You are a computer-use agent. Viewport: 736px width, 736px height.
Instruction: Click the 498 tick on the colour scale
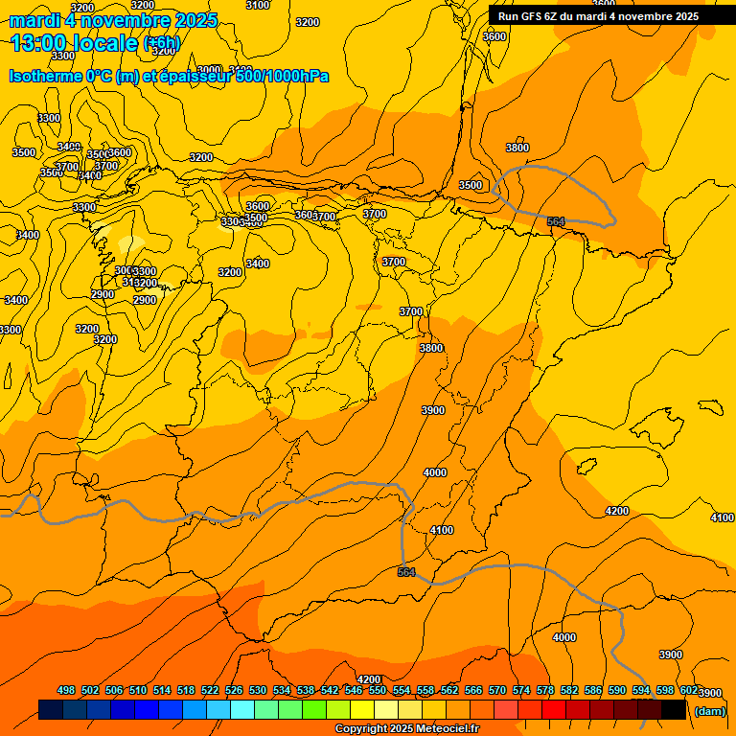[66, 690]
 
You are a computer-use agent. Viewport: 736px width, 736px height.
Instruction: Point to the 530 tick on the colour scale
[258, 690]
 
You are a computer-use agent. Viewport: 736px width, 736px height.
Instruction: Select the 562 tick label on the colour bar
[449, 690]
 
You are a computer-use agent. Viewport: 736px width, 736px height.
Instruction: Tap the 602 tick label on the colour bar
[689, 690]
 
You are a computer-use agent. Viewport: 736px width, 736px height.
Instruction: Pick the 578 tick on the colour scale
[545, 690]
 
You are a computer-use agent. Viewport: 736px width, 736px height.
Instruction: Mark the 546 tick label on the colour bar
[354, 690]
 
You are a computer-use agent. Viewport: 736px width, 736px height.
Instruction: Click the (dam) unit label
[709, 711]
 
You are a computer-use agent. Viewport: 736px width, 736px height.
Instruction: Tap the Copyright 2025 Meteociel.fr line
[406, 729]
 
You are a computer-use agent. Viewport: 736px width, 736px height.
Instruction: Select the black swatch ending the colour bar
[673, 709]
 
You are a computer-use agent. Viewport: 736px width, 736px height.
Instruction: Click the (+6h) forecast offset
[161, 43]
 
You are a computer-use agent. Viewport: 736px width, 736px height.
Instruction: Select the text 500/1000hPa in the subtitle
[282, 76]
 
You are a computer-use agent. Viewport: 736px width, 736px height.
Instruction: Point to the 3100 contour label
[258, 5]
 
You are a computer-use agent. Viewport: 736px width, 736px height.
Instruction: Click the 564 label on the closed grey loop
[556, 221]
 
